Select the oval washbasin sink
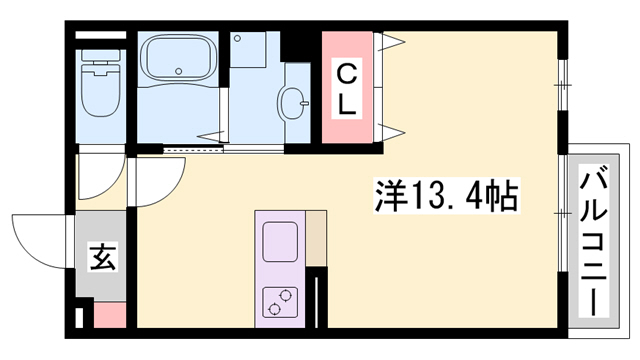(295, 101)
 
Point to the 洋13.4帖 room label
(446, 194)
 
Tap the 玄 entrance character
(103, 257)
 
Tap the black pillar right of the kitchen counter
(319, 296)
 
